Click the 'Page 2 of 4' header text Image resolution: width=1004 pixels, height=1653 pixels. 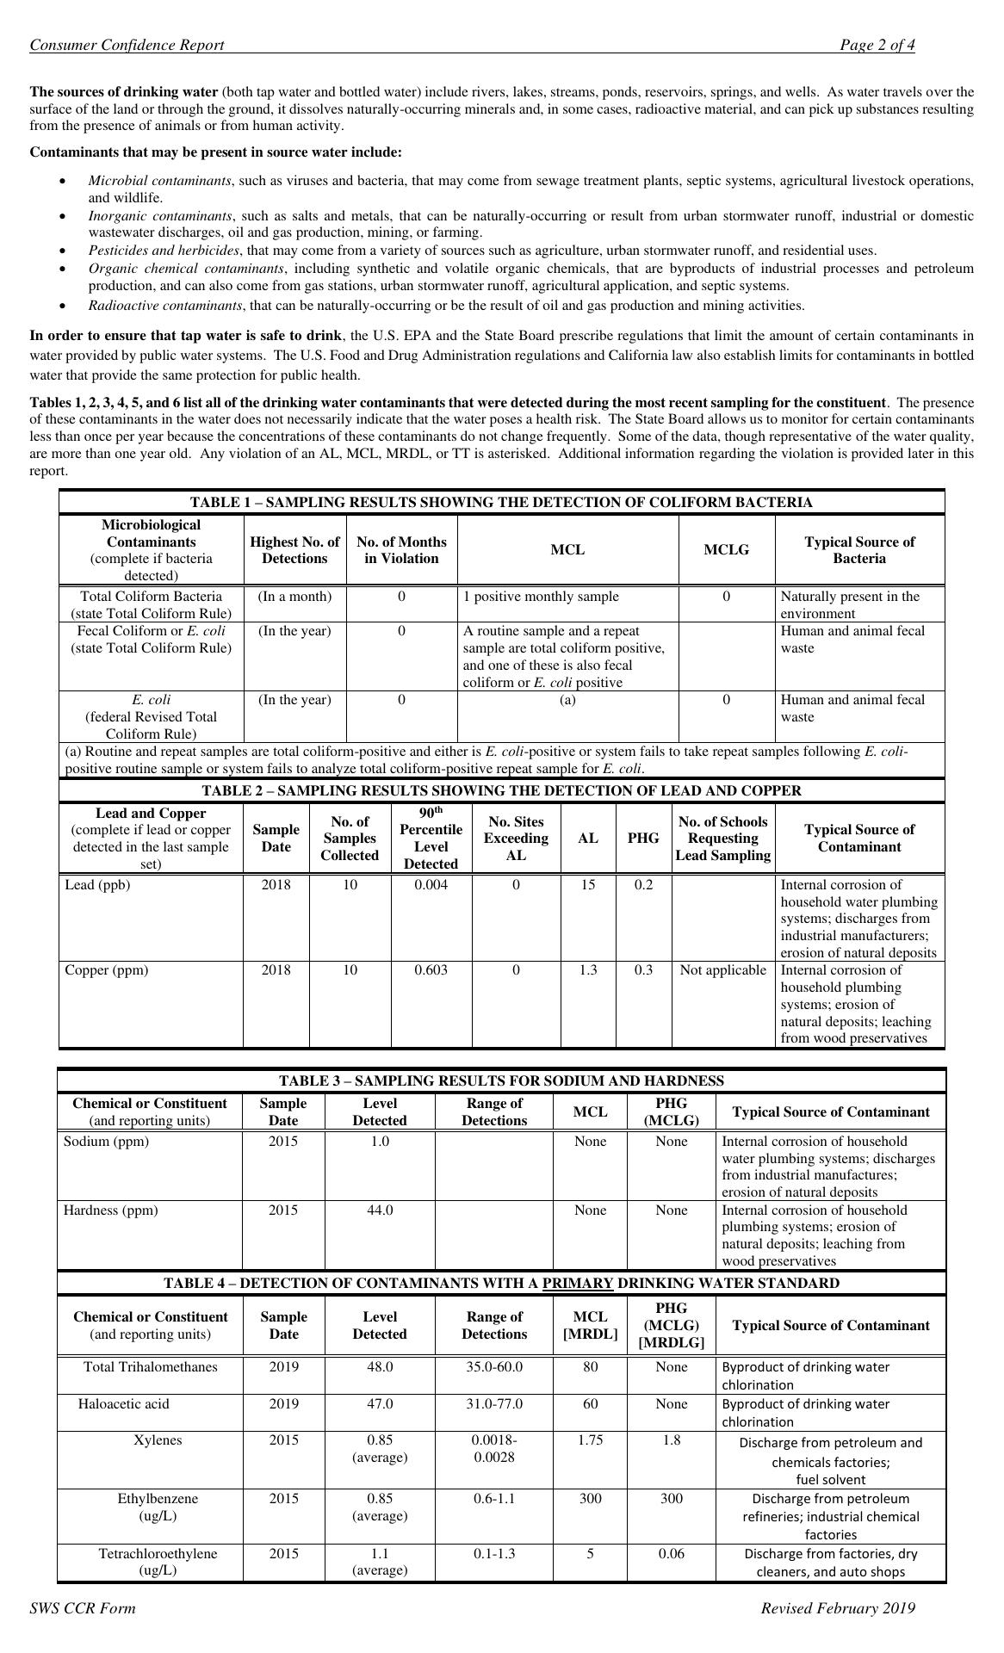click(x=877, y=46)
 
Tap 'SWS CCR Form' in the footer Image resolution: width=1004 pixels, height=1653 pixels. click(x=82, y=1607)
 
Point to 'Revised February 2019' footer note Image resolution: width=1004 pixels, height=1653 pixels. click(x=837, y=1607)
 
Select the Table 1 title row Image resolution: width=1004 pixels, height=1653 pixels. click(x=501, y=502)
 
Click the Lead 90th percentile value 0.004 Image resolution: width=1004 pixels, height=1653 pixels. click(x=431, y=884)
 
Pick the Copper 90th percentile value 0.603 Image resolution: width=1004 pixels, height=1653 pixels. click(x=431, y=969)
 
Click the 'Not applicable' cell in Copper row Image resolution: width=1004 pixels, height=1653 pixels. click(x=722, y=969)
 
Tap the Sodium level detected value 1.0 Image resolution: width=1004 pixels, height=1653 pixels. click(x=380, y=1141)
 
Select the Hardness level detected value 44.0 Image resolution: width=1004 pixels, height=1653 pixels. click(x=380, y=1210)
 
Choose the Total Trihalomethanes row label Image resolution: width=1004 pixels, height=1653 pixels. click(x=151, y=1366)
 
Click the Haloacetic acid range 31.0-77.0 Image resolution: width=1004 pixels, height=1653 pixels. click(x=493, y=1403)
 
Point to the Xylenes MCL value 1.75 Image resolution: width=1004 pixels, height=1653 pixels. click(x=590, y=1439)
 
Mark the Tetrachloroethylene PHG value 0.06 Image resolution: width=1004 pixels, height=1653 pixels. click(x=671, y=1553)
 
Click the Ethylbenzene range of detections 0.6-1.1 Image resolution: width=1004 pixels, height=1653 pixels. click(x=493, y=1498)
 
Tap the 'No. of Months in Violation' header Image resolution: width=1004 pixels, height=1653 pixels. click(x=401, y=549)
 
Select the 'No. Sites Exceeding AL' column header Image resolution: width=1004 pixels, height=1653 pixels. click(x=516, y=838)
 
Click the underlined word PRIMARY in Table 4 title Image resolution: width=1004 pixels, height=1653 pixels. click(x=577, y=1283)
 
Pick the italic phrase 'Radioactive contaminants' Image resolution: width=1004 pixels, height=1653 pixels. click(x=164, y=305)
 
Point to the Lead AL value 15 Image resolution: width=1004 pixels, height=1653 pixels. click(x=587, y=884)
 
